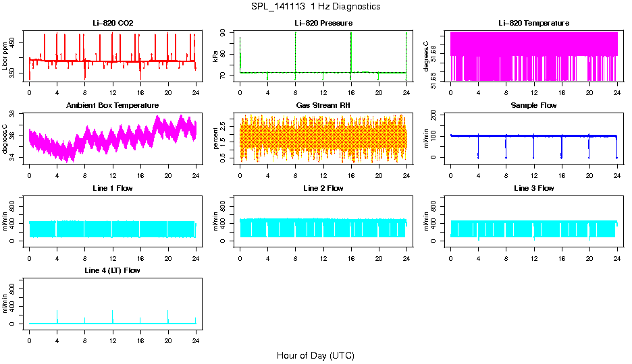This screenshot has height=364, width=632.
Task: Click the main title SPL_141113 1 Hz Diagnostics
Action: [x=315, y=7]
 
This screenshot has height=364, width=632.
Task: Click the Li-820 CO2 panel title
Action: [x=113, y=23]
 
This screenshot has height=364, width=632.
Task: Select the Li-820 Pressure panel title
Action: [x=323, y=23]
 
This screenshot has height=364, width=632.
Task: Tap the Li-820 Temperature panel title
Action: [x=533, y=23]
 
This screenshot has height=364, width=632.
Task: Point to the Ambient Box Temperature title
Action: [x=113, y=106]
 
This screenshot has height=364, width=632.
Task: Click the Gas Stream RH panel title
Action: [x=323, y=106]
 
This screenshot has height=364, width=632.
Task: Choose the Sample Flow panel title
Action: [x=533, y=106]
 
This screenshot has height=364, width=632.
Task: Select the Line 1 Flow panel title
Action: [x=113, y=188]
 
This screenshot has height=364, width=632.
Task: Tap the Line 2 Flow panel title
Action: [x=323, y=188]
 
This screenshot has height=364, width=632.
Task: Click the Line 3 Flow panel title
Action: [x=533, y=188]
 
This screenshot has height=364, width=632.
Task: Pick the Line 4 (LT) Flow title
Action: [x=113, y=270]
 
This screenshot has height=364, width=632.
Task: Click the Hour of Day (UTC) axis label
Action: [x=315, y=355]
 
